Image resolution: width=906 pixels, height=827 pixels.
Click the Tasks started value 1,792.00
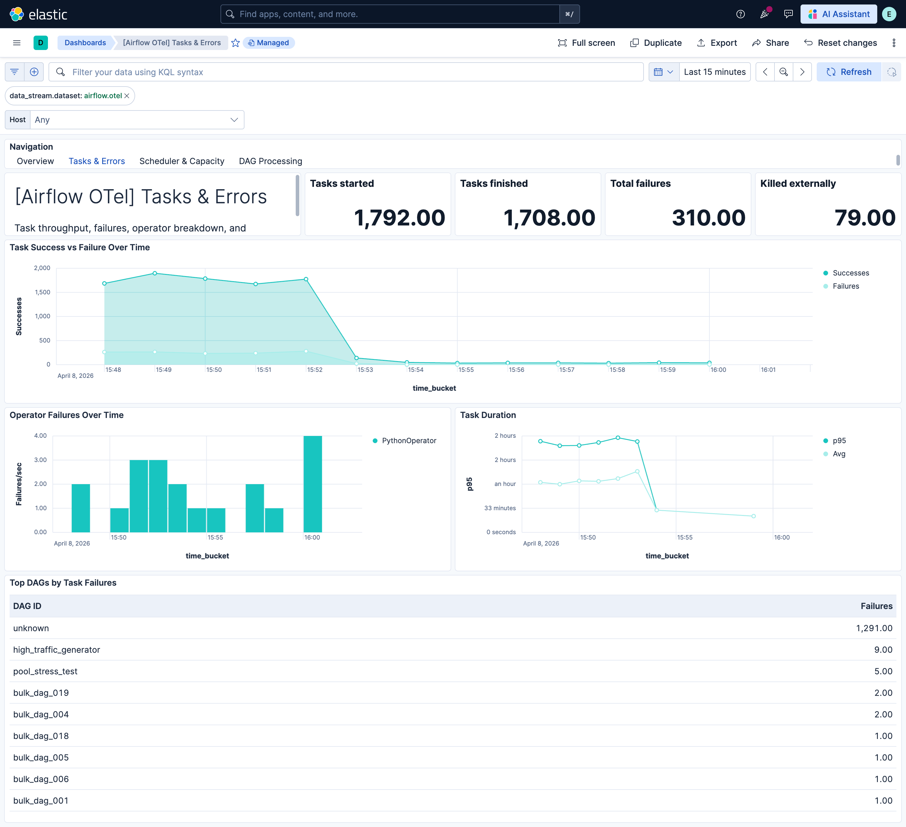399,218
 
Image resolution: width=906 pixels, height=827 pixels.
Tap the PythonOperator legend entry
409,441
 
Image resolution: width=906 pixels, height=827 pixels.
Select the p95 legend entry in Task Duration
839,441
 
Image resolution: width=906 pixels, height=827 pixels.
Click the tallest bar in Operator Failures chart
312,484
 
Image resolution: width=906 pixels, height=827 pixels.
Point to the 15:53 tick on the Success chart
365,370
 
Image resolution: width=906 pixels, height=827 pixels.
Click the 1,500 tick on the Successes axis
43,292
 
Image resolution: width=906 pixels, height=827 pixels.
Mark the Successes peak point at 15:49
155,273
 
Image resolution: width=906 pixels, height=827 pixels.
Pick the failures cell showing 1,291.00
874,628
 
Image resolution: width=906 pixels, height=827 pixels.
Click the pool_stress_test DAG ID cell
46,671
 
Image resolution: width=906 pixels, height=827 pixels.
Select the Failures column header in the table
876,606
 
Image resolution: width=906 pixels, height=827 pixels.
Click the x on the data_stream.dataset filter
127,96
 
